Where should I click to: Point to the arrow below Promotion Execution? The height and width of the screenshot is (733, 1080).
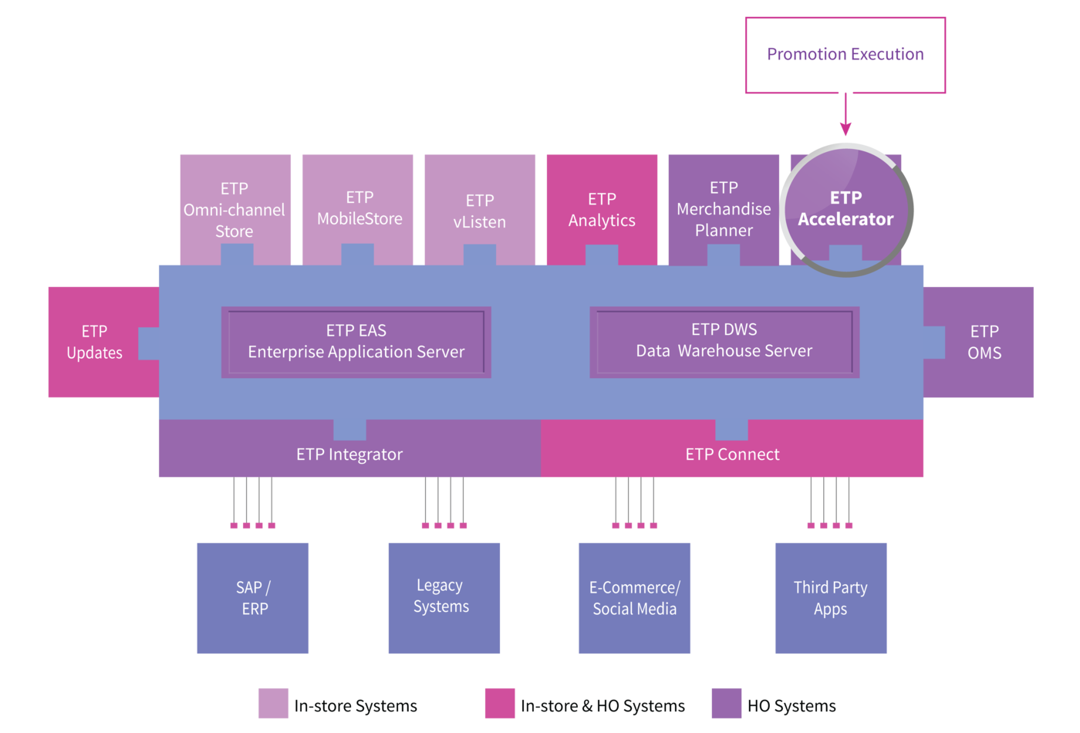tap(845, 114)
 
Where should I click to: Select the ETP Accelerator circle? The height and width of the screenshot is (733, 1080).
tap(846, 210)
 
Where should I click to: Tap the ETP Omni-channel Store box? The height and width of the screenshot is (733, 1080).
tap(235, 210)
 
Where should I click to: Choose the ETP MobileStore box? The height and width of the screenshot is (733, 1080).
tap(358, 210)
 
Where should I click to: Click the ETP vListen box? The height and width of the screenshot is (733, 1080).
tap(480, 210)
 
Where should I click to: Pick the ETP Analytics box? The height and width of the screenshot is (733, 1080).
tap(602, 210)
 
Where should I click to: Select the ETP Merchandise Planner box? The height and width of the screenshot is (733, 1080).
tap(724, 210)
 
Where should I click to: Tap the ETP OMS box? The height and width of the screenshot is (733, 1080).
tap(978, 342)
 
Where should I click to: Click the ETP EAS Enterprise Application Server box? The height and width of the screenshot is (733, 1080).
tap(356, 342)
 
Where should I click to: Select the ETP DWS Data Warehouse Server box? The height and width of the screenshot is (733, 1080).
tap(724, 342)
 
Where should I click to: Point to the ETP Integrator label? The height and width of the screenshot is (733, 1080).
tap(349, 454)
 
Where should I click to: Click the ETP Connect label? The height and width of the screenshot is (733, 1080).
tap(732, 454)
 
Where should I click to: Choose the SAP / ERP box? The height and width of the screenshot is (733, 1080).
tap(253, 598)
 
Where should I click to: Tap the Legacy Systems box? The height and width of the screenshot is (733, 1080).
tap(444, 598)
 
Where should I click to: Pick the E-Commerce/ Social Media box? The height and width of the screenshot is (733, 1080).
tap(634, 598)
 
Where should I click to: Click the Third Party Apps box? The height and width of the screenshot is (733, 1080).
tap(831, 598)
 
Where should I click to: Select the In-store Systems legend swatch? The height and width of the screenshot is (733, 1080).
tap(273, 703)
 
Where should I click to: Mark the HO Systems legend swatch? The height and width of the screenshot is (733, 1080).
tap(727, 703)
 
